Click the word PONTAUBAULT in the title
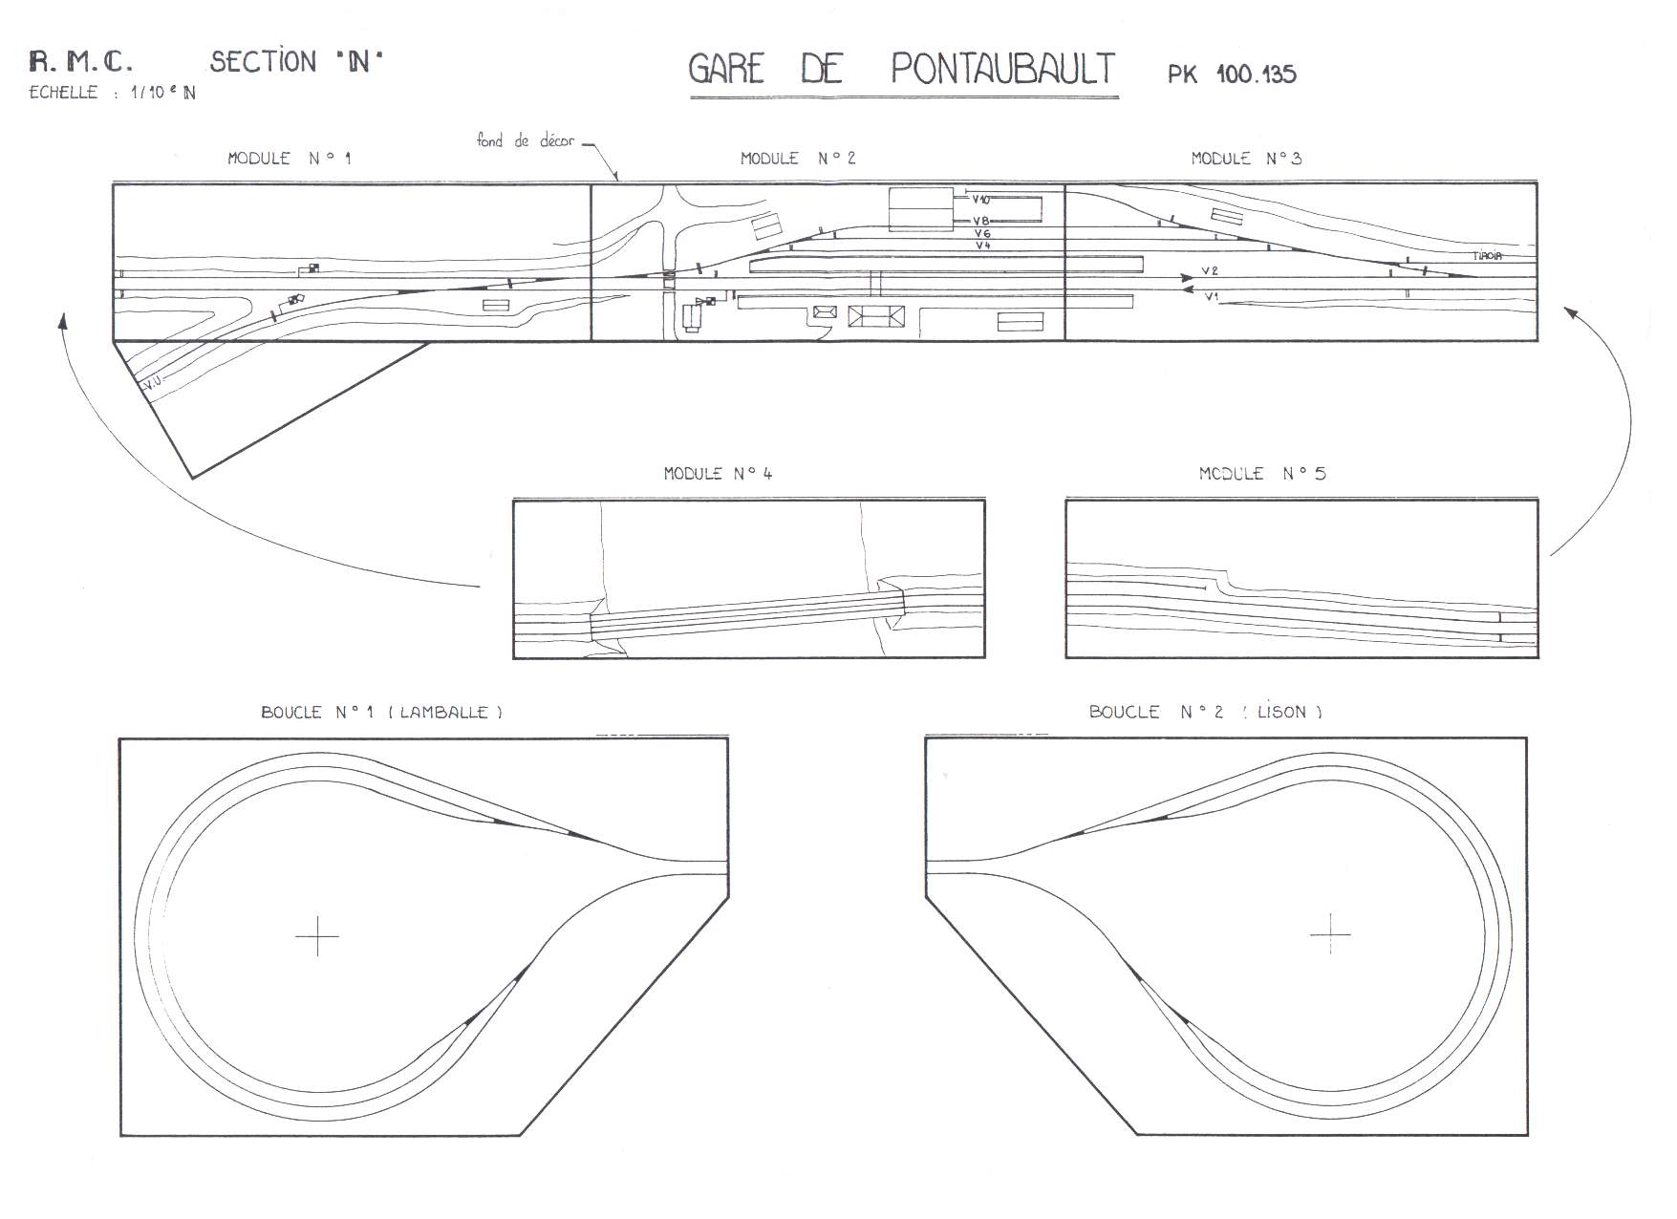1003,69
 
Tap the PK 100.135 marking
1232,75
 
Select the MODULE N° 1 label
289,159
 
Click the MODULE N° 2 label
798,159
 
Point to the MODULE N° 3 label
1246,159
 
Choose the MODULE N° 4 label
718,473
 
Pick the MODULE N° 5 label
1261,473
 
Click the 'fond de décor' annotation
526,141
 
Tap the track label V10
980,200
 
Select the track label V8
981,221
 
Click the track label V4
982,246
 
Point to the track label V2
1210,271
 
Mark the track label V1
1211,296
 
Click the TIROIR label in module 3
1487,256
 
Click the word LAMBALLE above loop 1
444,713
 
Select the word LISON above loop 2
1282,713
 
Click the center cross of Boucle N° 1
316,936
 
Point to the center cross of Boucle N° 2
1329,932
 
